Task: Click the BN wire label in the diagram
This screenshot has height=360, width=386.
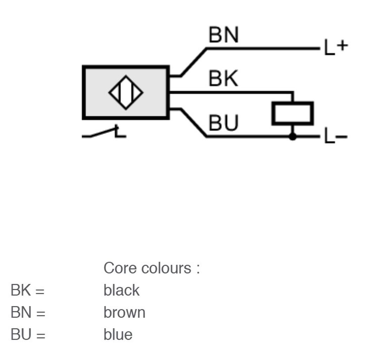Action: (x=224, y=35)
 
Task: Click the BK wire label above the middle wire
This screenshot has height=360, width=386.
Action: (x=224, y=78)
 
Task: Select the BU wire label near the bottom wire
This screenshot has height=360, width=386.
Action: (x=224, y=122)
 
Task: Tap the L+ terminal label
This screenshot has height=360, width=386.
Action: (x=336, y=47)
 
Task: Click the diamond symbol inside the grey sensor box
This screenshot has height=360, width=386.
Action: (x=126, y=93)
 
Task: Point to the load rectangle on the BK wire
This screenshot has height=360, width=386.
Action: (x=292, y=113)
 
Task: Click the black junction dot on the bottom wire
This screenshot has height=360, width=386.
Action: (x=292, y=136)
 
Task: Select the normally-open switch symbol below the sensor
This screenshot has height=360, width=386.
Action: (x=104, y=132)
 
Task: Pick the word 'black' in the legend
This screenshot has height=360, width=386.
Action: (x=122, y=290)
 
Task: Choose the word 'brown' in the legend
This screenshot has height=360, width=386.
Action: (x=125, y=313)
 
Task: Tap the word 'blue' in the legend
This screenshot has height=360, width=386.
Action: (x=118, y=335)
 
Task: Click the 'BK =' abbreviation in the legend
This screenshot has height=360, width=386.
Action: (x=28, y=290)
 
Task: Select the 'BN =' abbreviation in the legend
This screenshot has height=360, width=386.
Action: (x=28, y=313)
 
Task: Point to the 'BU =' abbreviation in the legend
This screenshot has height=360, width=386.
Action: (x=28, y=335)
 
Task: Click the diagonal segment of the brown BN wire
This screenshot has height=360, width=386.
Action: (x=194, y=62)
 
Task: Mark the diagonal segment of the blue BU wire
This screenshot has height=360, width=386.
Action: (x=194, y=122)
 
